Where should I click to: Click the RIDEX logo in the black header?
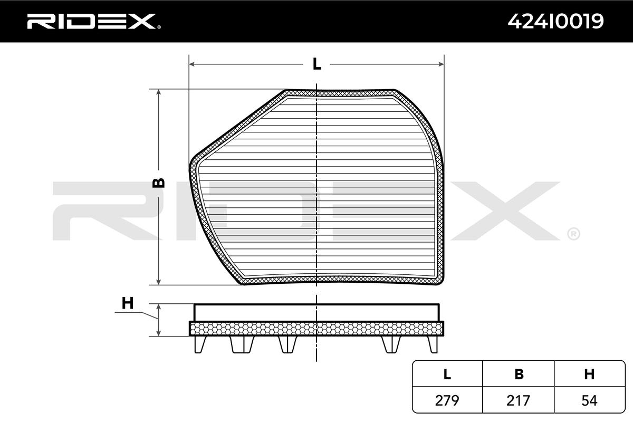tap(92, 21)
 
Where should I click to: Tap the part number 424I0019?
tap(555, 21)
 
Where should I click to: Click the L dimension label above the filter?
tap(317, 64)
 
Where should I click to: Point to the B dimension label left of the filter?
tap(158, 183)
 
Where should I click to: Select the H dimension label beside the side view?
tap(128, 303)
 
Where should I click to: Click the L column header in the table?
tap(447, 374)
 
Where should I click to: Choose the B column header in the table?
tap(519, 374)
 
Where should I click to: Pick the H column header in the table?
tap(589, 374)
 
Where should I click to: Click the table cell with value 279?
tap(447, 400)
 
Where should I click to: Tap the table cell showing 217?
tap(518, 400)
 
